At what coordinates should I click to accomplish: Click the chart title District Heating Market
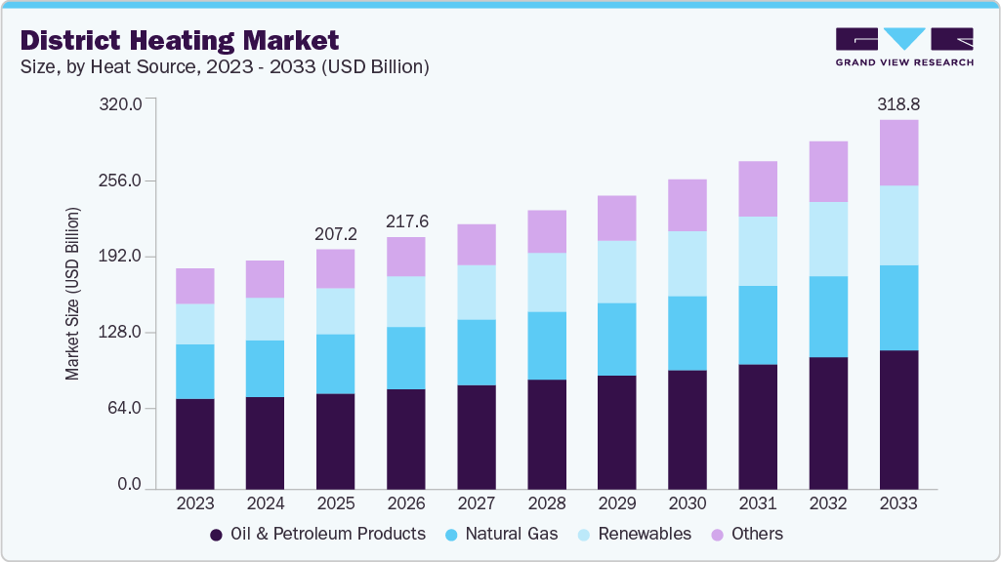point(180,40)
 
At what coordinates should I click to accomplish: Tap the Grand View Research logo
point(904,47)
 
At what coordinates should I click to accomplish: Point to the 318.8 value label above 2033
point(898,103)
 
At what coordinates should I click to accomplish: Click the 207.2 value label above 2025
point(336,234)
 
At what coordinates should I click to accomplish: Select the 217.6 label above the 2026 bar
point(406,221)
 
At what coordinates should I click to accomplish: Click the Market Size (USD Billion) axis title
point(72,294)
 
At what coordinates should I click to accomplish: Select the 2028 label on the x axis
point(547,504)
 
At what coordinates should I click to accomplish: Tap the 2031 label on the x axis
point(758,504)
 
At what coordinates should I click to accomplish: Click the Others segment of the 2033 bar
point(898,152)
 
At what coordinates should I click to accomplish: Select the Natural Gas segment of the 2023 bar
point(195,371)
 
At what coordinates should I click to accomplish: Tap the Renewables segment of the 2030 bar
point(688,263)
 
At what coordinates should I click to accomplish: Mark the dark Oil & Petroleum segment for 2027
point(477,436)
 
